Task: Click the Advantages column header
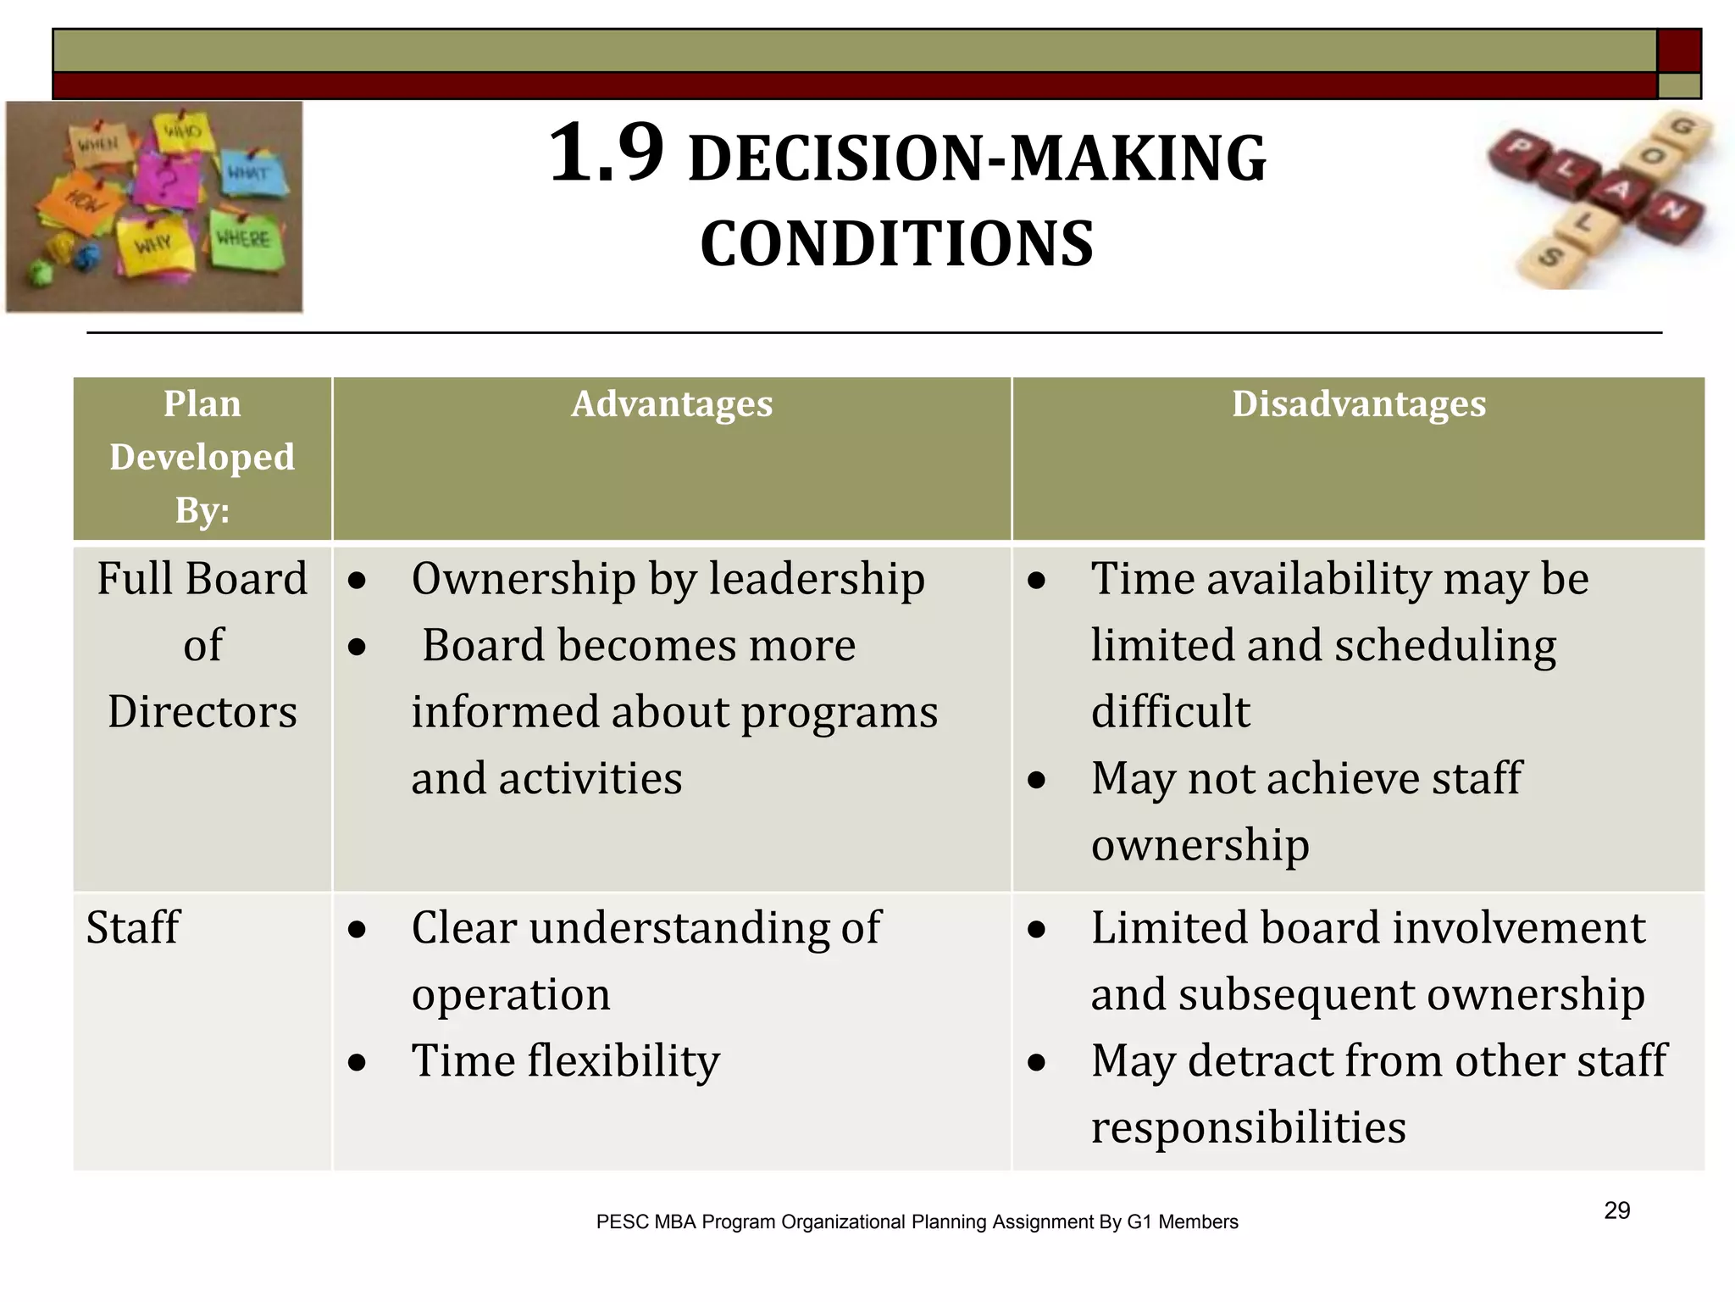click(671, 404)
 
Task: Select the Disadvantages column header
click(1358, 404)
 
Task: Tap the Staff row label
click(133, 927)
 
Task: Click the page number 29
click(1616, 1210)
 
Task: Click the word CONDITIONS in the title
click(896, 244)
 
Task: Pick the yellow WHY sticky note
click(154, 246)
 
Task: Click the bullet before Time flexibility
click(357, 1062)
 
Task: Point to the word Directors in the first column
click(202, 712)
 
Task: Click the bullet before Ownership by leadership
click(357, 581)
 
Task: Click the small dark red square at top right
click(1679, 50)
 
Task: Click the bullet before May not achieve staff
click(1036, 780)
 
